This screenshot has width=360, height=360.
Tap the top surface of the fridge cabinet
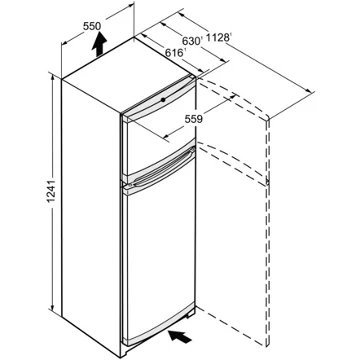(130, 75)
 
